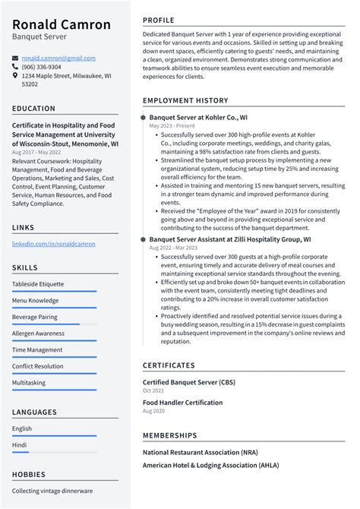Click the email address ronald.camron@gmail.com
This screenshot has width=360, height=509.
point(58,58)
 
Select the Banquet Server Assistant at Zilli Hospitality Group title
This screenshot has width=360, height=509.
point(230,239)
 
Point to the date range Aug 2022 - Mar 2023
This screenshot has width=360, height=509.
point(172,248)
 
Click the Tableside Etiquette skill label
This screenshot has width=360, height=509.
point(38,284)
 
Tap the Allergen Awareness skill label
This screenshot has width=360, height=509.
point(38,334)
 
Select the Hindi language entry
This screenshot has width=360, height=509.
point(21,444)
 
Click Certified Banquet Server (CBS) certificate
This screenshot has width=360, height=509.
point(188,381)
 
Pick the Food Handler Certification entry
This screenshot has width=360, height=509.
point(183,403)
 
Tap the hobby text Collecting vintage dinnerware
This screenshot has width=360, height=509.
point(52,491)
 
